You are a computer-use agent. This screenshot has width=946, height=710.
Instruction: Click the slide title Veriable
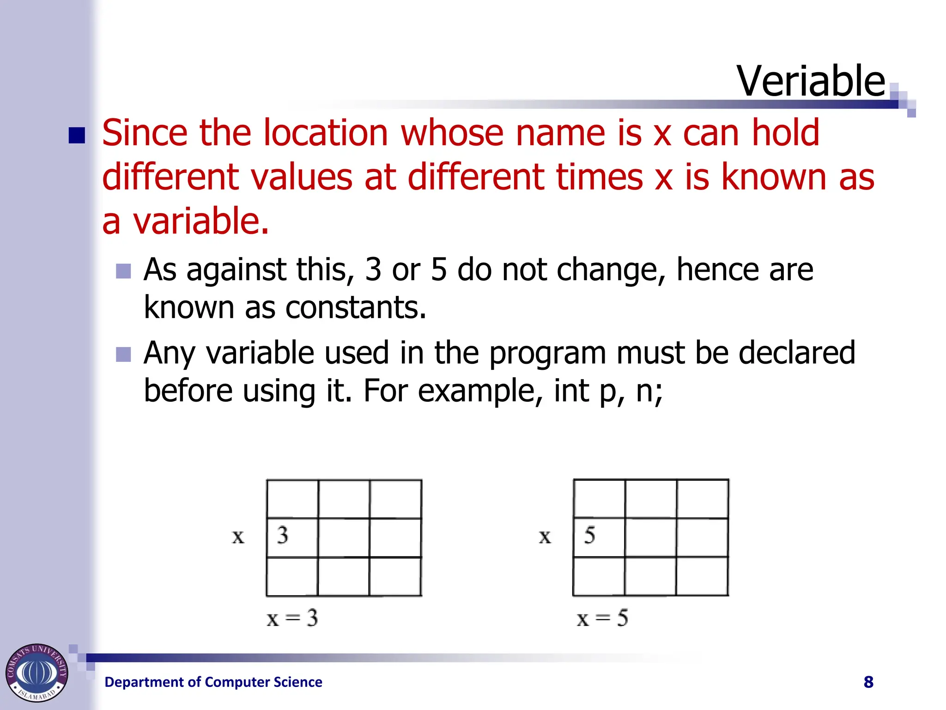[811, 81]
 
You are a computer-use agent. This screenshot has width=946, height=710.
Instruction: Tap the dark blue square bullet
[77, 135]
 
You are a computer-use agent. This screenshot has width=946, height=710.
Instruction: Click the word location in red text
[326, 133]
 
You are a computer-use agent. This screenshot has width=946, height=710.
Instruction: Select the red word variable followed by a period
[201, 221]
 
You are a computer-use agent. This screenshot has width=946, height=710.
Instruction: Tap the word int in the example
[571, 391]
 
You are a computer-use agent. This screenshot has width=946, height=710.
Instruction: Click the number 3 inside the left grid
[283, 535]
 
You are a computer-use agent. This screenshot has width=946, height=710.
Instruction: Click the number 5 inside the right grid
[589, 535]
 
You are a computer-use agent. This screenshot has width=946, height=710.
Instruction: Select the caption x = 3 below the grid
[292, 618]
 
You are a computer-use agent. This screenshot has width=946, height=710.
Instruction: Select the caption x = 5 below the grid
[602, 618]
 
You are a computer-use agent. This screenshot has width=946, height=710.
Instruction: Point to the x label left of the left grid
[238, 537]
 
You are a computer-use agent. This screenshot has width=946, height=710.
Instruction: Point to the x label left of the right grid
[545, 537]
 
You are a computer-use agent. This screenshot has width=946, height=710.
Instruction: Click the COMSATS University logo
[36, 673]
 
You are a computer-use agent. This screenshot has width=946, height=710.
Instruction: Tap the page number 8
[868, 682]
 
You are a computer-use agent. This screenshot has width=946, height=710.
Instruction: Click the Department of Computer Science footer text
[213, 682]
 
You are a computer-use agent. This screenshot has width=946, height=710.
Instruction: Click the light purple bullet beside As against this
[123, 271]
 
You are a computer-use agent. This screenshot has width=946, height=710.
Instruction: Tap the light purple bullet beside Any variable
[123, 355]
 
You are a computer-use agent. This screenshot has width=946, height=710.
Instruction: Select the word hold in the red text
[785, 133]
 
